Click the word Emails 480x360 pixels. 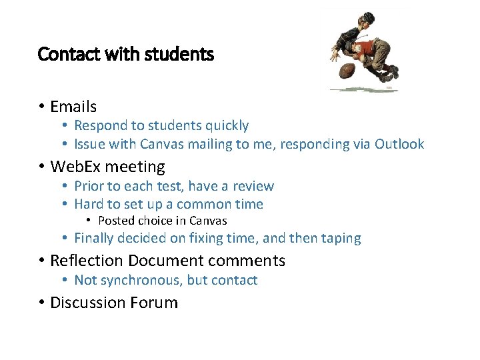point(73,107)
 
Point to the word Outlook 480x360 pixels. point(399,144)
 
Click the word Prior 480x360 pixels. point(89,186)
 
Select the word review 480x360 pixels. point(253,186)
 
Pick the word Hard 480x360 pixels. point(89,204)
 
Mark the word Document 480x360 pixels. point(166,261)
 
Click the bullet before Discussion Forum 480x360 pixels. point(41,303)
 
